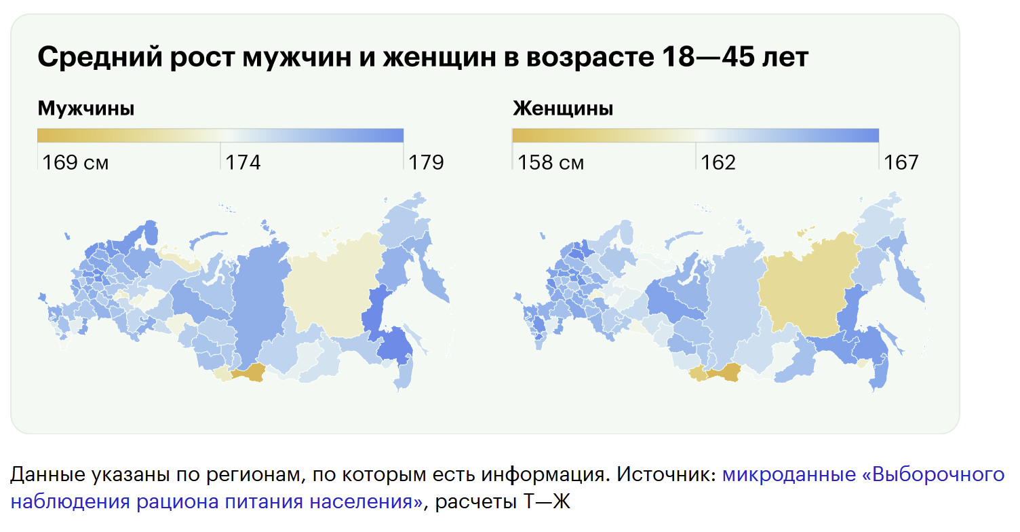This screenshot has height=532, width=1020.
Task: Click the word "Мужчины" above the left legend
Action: (x=85, y=108)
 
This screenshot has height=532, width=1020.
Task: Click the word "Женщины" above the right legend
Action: (x=562, y=108)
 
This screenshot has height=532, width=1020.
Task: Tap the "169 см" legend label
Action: (x=75, y=162)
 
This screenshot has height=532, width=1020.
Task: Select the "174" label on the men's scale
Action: (x=243, y=162)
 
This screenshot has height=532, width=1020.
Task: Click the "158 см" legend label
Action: (x=551, y=162)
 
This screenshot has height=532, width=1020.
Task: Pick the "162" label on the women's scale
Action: (x=718, y=162)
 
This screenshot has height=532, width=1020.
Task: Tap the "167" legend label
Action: (x=900, y=162)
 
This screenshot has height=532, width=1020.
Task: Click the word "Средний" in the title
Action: (x=99, y=58)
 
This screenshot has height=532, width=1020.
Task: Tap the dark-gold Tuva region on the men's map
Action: (x=248, y=372)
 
